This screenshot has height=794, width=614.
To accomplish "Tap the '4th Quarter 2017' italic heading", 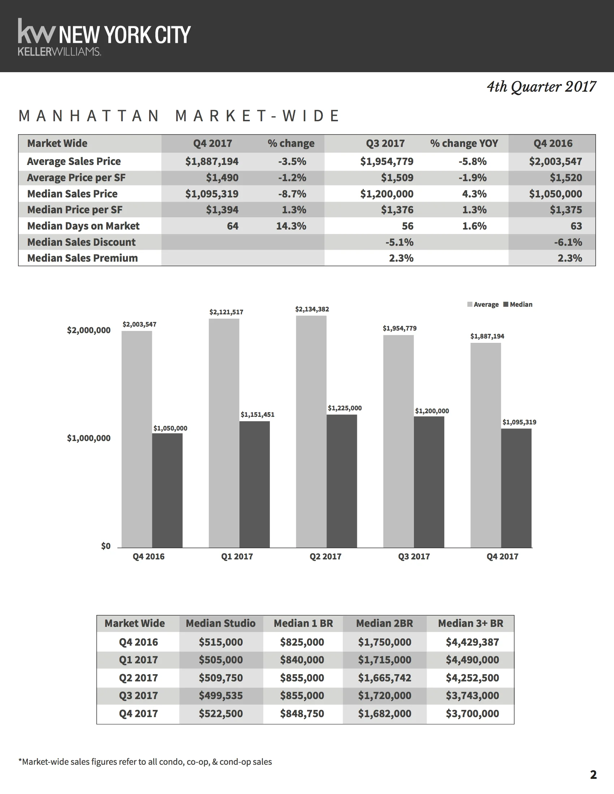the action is tap(541, 87).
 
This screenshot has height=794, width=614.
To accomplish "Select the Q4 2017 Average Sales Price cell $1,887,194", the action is tap(212, 161).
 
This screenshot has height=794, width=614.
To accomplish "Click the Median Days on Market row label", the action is tap(83, 226).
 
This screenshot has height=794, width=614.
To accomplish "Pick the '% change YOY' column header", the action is tap(464, 143).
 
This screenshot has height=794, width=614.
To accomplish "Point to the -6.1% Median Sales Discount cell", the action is tap(568, 242).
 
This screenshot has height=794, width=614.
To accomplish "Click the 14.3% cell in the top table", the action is tap(291, 226).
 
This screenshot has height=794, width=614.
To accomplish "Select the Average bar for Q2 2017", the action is tap(311, 432).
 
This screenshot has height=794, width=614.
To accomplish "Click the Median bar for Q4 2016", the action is tap(167, 490).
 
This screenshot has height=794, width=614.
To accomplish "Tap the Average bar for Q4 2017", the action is tap(485, 445).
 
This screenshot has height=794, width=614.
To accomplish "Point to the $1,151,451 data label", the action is tap(258, 414).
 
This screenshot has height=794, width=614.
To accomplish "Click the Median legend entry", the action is tap(518, 305).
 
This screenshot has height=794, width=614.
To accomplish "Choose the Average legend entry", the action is tap(483, 305).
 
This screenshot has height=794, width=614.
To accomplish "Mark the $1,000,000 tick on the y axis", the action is tap(89, 438).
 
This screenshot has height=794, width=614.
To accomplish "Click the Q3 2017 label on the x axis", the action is tap(414, 557).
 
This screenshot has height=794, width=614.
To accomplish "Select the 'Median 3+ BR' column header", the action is tap(471, 624).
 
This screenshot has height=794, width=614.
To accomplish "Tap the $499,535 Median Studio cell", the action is tap(221, 695).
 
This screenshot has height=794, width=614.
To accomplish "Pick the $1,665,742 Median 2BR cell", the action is tap(385, 678).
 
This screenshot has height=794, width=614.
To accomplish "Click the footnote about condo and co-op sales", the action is tap(145, 762).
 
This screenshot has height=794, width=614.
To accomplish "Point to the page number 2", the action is tap(593, 775).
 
